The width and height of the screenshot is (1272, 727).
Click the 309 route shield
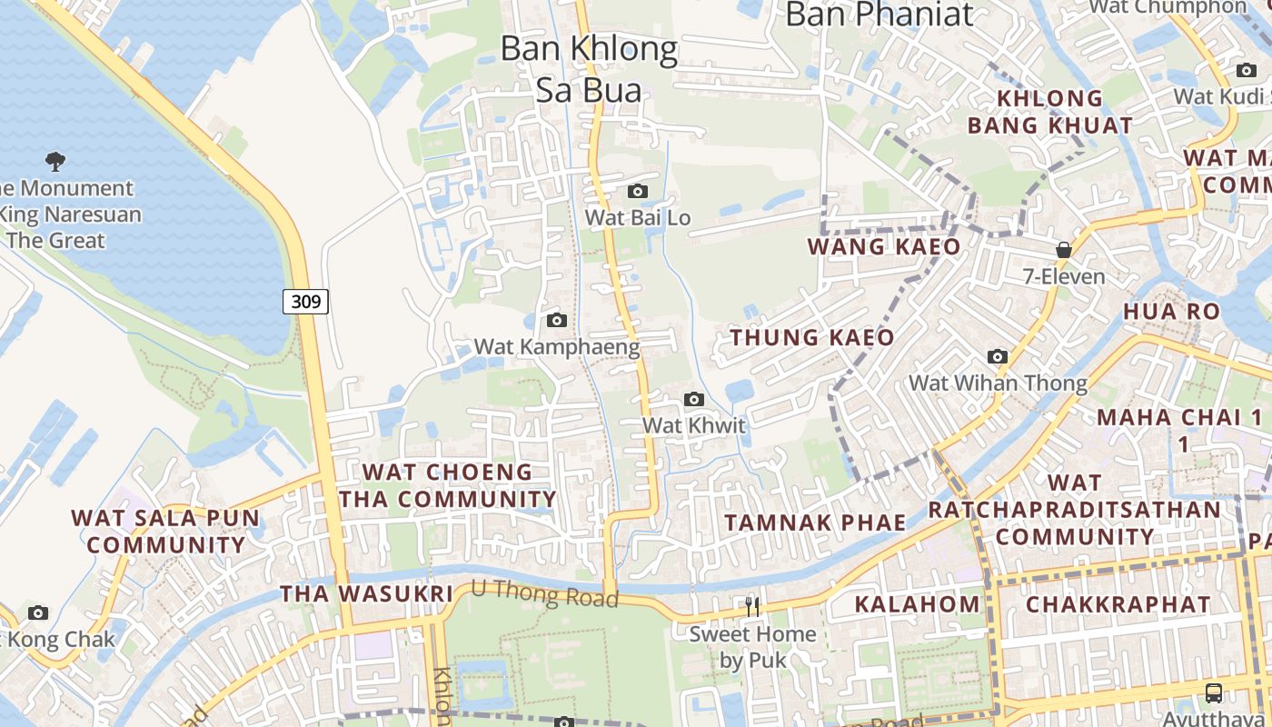pyautogui.click(x=305, y=301)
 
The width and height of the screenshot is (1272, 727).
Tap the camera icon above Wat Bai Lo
pyautogui.click(x=638, y=191)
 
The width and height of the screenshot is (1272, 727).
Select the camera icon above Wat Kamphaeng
pyautogui.click(x=557, y=320)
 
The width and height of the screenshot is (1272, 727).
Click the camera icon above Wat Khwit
pyautogui.click(x=694, y=399)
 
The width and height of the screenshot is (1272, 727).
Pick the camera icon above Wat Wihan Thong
pyautogui.click(x=998, y=356)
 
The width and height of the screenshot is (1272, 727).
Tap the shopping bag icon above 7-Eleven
pyautogui.click(x=1063, y=249)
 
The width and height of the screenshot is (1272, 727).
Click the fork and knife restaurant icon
pyautogui.click(x=751, y=606)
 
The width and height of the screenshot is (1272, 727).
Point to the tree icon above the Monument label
pyautogui.click(x=55, y=162)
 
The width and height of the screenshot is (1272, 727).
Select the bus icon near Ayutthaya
pyautogui.click(x=1213, y=692)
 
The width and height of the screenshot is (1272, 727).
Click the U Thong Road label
pyautogui.click(x=545, y=594)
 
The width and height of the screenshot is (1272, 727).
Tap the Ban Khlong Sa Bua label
pyautogui.click(x=589, y=69)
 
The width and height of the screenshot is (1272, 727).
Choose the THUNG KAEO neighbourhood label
pyautogui.click(x=812, y=338)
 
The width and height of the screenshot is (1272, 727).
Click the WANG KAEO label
pyautogui.click(x=883, y=247)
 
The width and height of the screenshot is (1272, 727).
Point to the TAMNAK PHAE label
pyautogui.click(x=815, y=523)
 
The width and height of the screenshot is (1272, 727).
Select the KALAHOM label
pyautogui.click(x=918, y=604)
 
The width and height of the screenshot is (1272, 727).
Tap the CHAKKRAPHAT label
pyautogui.click(x=1118, y=604)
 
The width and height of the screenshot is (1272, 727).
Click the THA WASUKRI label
pyautogui.click(x=365, y=593)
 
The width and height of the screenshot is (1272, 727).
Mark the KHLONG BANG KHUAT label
pyautogui.click(x=1049, y=112)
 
